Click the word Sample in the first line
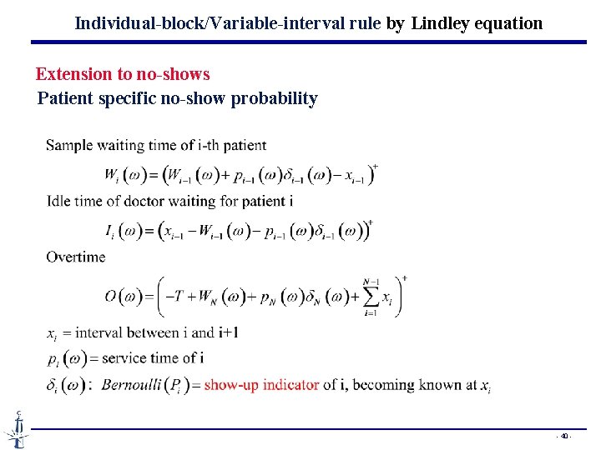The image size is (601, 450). point(69,146)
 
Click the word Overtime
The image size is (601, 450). point(76,257)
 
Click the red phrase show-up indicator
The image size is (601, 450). point(261,385)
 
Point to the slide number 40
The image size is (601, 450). point(565,436)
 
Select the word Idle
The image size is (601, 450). point(59,201)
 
